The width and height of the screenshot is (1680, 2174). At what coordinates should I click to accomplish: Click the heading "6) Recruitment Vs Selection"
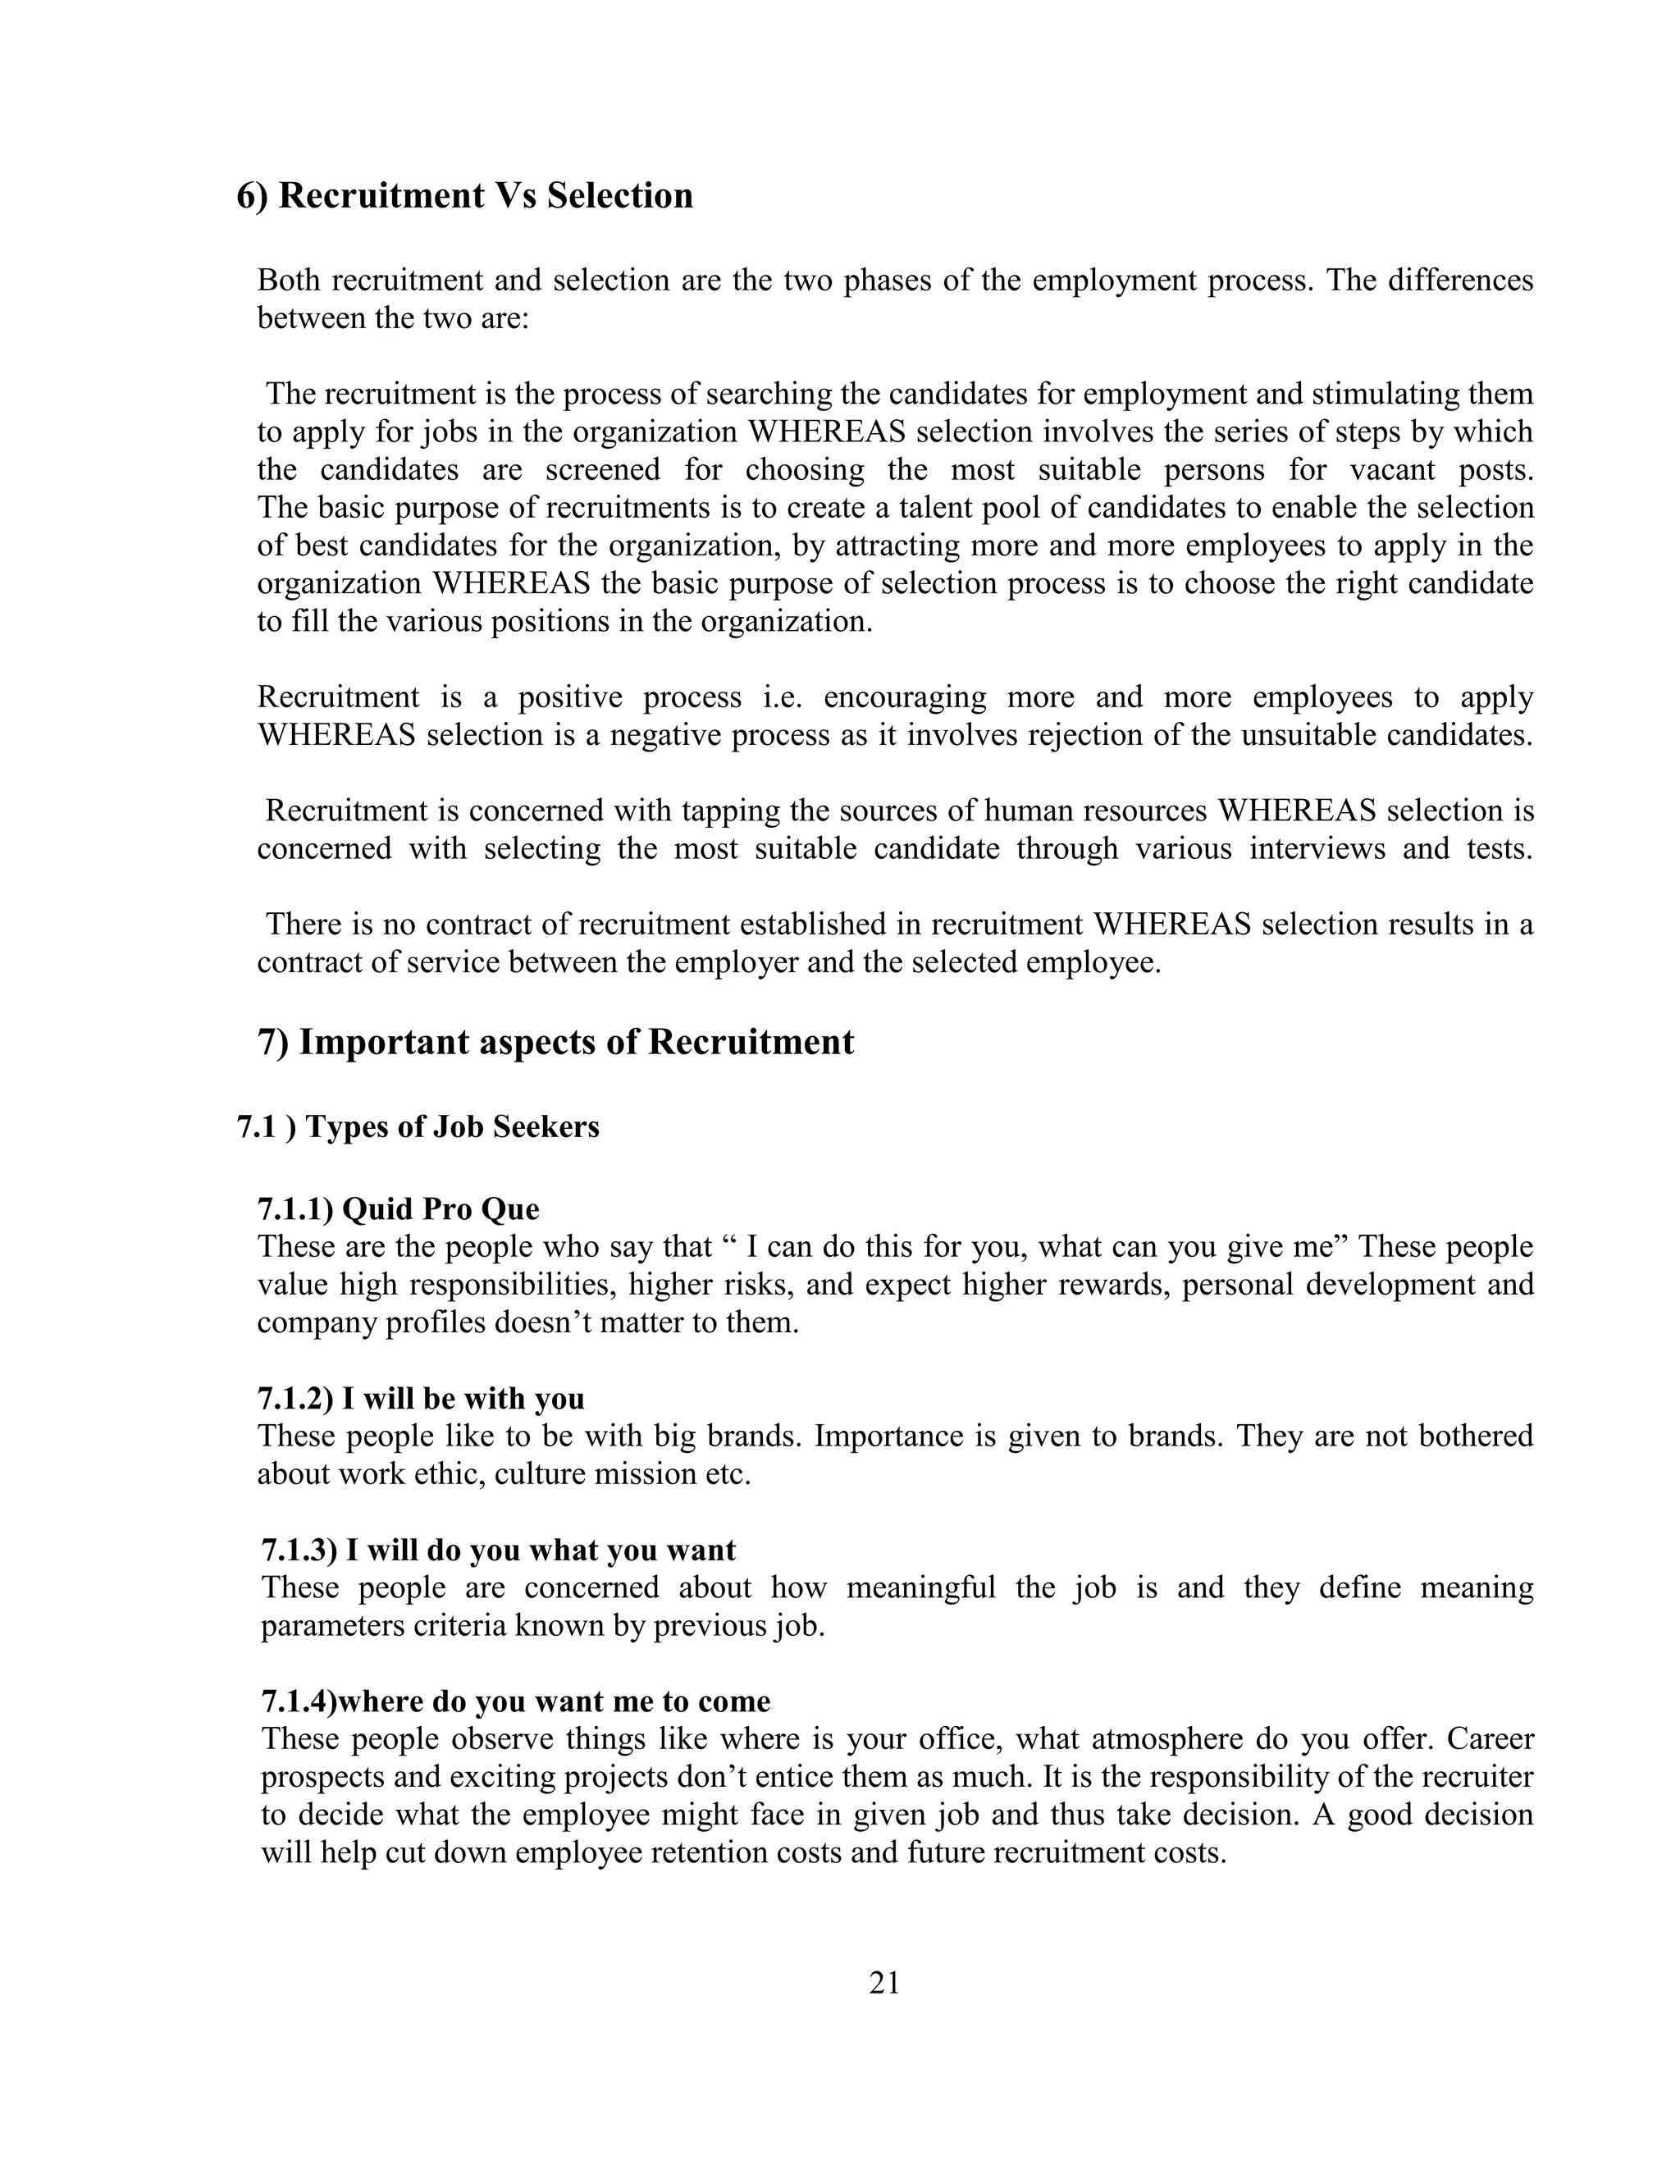(465, 195)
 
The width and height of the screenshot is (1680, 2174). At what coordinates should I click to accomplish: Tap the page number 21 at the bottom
(883, 1982)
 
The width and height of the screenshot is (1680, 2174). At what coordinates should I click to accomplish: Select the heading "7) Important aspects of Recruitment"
(555, 1042)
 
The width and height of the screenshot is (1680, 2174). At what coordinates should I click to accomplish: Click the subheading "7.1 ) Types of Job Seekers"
(418, 1127)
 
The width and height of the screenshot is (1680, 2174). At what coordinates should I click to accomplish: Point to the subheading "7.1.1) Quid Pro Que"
(398, 1208)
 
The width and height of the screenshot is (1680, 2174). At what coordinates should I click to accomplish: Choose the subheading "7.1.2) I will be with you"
(421, 1399)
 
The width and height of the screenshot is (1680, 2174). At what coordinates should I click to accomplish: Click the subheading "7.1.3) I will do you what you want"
(499, 1550)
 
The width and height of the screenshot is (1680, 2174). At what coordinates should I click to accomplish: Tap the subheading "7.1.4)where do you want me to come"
(515, 1701)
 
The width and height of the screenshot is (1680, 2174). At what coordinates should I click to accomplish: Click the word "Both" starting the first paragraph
(289, 281)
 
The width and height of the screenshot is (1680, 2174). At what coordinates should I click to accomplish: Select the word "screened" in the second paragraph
(602, 470)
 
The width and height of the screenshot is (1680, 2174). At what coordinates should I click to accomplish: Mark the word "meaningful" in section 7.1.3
(920, 1587)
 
